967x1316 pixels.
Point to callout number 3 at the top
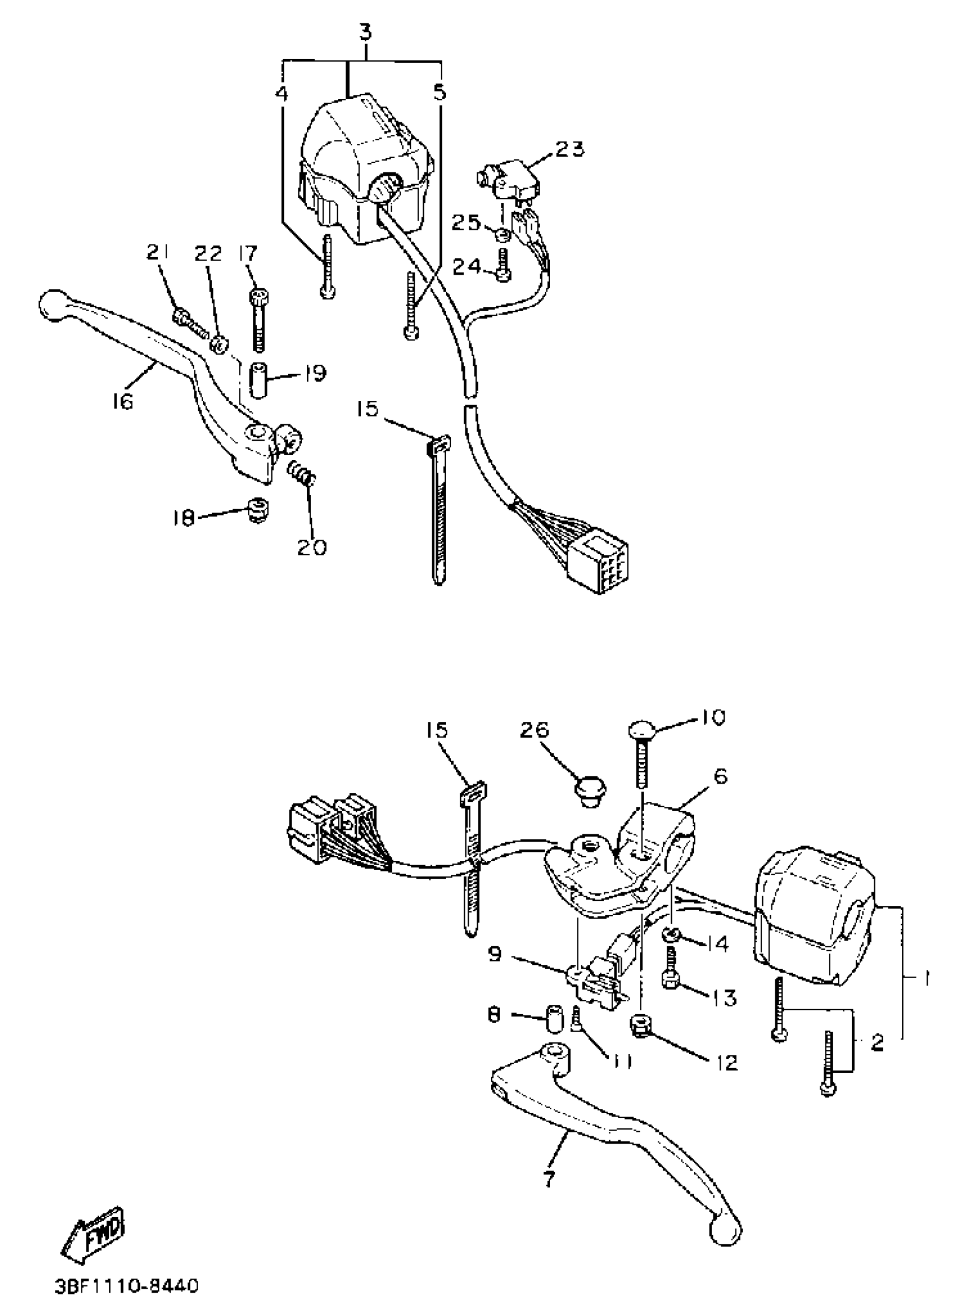coord(365,33)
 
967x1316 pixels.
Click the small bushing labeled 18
coord(256,509)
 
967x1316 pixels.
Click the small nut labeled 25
coord(501,235)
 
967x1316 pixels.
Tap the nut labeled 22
coord(220,345)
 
